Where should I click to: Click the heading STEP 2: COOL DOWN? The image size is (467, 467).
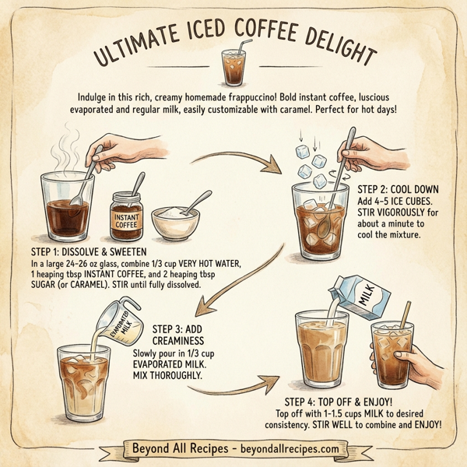399,189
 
